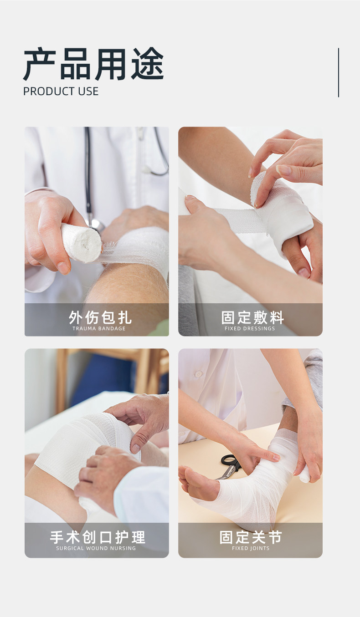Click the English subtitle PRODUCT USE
[x=61, y=92]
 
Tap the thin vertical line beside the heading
[x=339, y=72]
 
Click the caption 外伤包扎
[x=100, y=317]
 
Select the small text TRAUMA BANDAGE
[x=99, y=328]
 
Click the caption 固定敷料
[x=252, y=317]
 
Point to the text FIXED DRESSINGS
[x=250, y=328]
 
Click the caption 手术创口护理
[x=98, y=537]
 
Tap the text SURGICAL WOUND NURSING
[x=96, y=548]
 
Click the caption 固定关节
[x=251, y=537]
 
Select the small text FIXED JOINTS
[x=251, y=548]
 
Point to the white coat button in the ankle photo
[x=198, y=374]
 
